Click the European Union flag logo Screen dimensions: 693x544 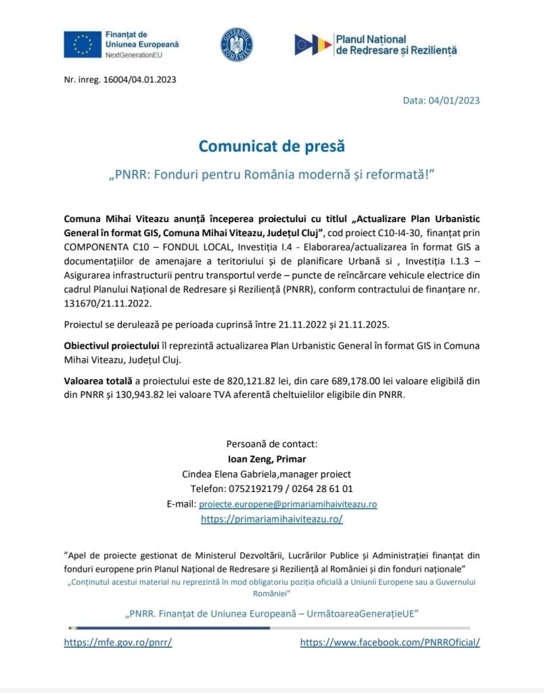point(83,45)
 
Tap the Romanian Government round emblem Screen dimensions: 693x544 point(236,45)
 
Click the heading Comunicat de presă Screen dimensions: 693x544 point(271,146)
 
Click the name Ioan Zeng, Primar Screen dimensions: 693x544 point(271,460)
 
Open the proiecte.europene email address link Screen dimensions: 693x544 point(288,504)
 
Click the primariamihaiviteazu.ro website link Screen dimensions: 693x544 point(272,519)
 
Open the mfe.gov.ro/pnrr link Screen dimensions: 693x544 point(118,643)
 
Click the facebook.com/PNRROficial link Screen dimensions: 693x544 point(390,643)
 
